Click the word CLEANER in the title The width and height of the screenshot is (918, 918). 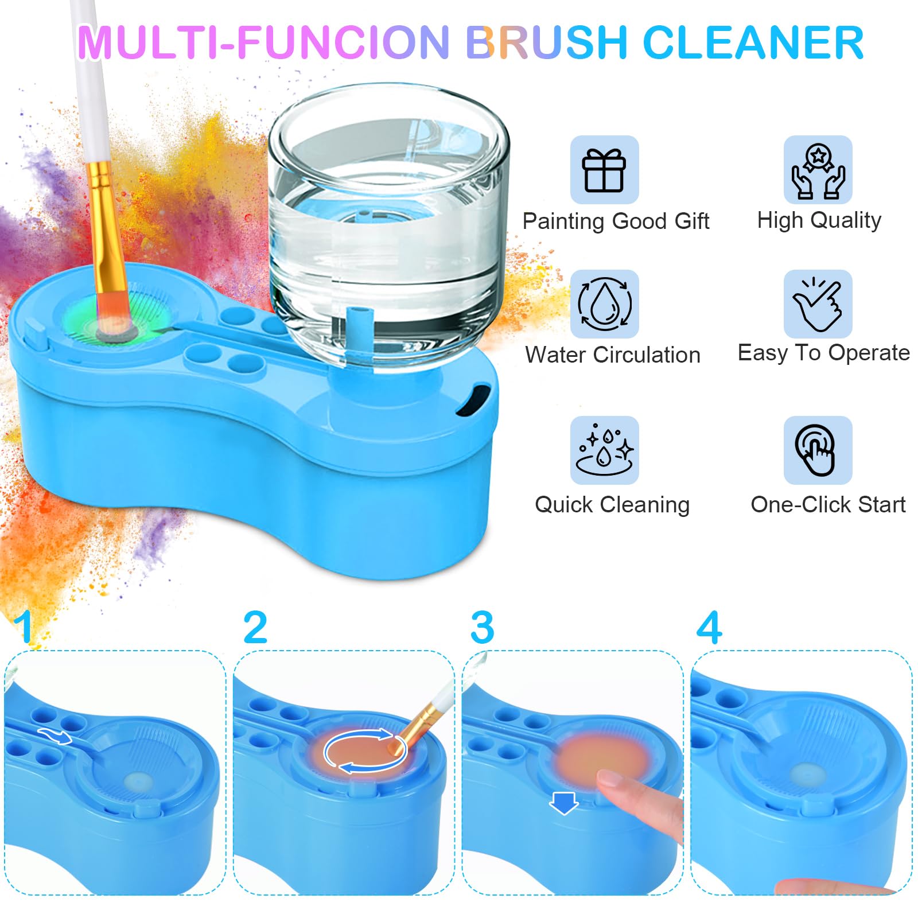[x=753, y=42]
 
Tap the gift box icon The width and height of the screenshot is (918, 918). [x=604, y=170]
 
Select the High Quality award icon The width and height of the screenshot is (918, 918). [x=818, y=170]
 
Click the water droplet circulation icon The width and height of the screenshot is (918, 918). [x=605, y=304]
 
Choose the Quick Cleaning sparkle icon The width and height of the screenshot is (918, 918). [x=605, y=450]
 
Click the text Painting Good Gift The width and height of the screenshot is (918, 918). [x=616, y=221]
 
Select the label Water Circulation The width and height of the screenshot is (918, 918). [x=613, y=355]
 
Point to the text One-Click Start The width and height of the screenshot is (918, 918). [x=828, y=505]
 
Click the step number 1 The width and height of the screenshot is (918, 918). [x=24, y=627]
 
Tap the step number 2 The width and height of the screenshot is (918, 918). [x=255, y=627]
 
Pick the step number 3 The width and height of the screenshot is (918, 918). [x=482, y=628]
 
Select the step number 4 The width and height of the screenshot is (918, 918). [x=709, y=627]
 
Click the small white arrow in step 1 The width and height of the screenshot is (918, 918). [x=55, y=735]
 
